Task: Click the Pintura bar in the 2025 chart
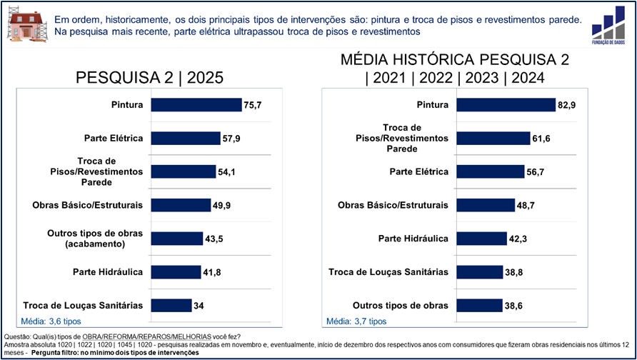pos(196,105)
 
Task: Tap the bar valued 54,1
pos(184,171)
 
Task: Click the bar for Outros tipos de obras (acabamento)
pos(176,239)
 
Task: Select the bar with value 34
pos(171,305)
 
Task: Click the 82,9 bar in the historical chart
pos(506,105)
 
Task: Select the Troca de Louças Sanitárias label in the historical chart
pos(388,272)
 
